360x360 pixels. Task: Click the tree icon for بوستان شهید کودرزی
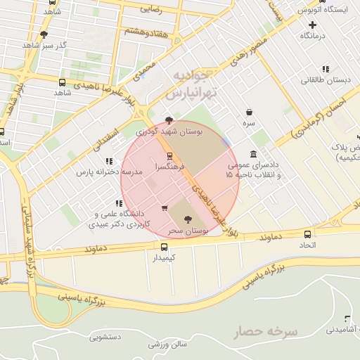click(x=168, y=120)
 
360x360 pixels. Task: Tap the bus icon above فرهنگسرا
click(x=169, y=156)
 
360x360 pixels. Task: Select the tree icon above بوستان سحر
click(x=186, y=219)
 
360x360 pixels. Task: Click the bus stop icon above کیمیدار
click(x=164, y=247)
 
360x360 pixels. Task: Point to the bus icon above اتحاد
click(x=308, y=233)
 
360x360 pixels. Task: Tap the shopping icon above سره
click(x=250, y=111)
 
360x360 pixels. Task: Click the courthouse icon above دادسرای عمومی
click(x=253, y=155)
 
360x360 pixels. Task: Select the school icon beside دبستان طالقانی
click(x=325, y=69)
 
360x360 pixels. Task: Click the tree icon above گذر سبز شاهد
click(x=44, y=34)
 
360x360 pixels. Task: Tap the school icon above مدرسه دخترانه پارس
click(x=108, y=161)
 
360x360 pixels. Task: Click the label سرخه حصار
click(x=267, y=330)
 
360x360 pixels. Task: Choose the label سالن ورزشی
click(x=167, y=344)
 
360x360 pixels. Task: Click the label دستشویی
click(x=105, y=337)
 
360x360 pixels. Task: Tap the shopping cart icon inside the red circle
click(x=165, y=207)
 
